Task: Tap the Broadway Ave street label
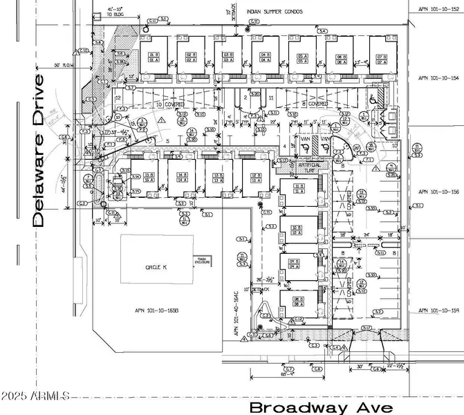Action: pyautogui.click(x=322, y=407)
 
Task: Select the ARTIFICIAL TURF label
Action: pyautogui.click(x=308, y=167)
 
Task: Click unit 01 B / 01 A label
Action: pyautogui.click(x=154, y=57)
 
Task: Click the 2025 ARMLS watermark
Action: pyautogui.click(x=35, y=396)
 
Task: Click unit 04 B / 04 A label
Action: pyautogui.click(x=265, y=57)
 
